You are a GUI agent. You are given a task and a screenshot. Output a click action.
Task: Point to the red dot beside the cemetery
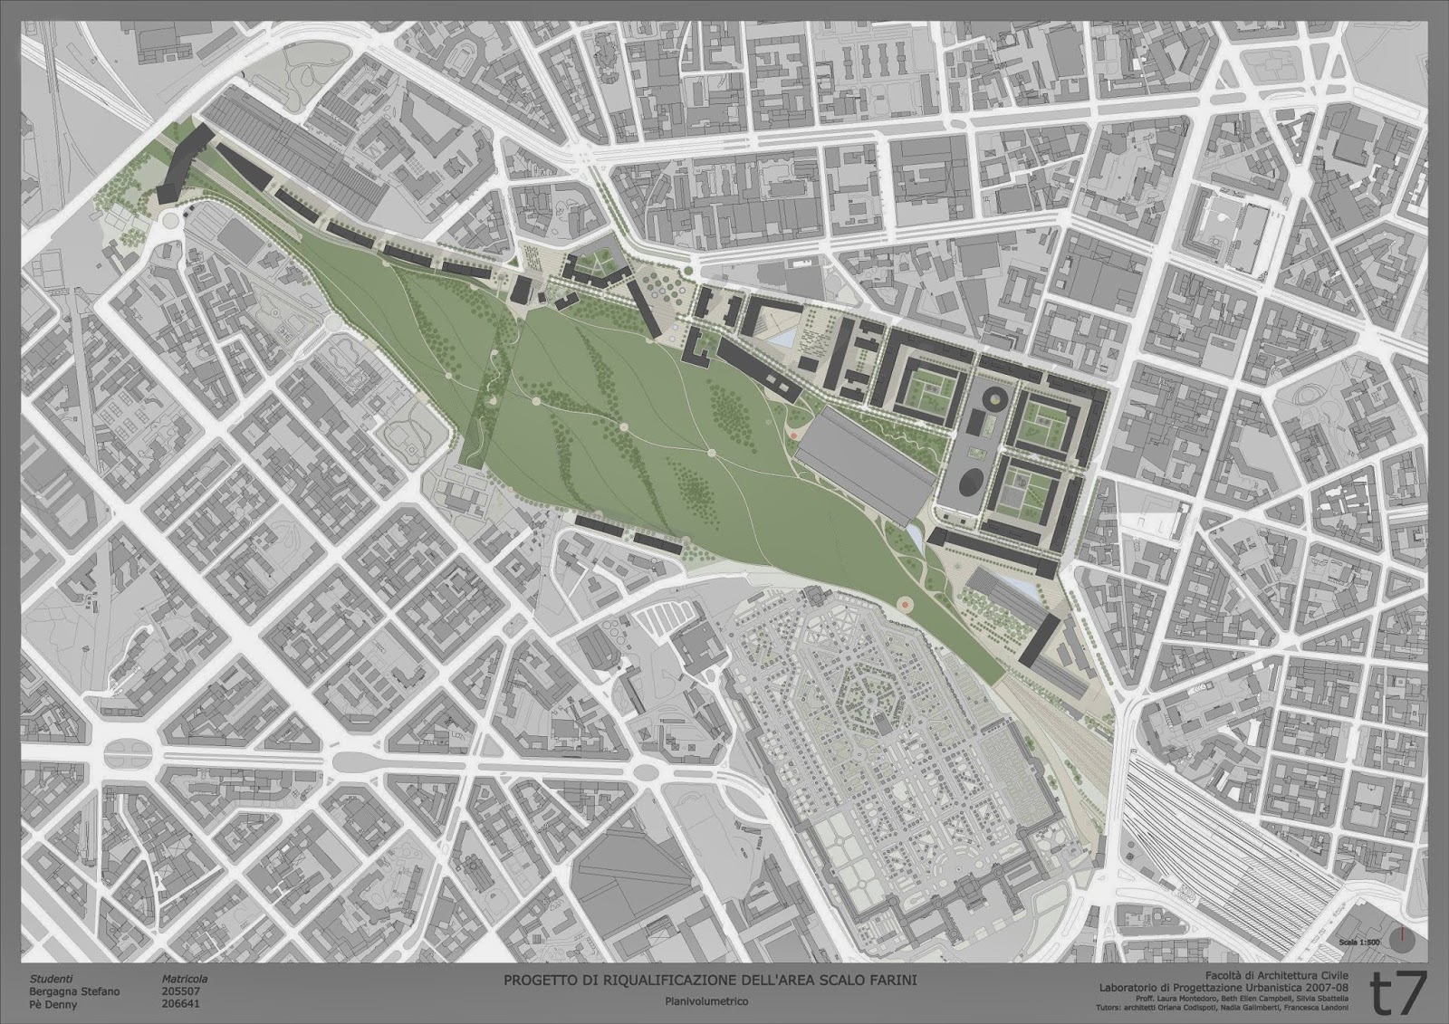[903, 602]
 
